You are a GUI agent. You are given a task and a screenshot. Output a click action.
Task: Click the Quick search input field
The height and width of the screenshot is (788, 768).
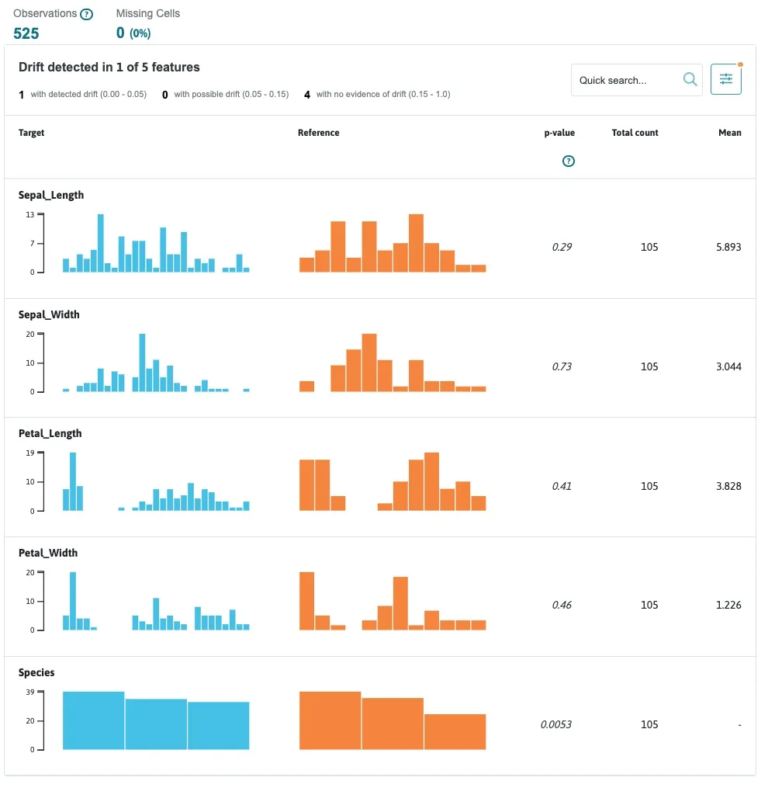click(x=627, y=80)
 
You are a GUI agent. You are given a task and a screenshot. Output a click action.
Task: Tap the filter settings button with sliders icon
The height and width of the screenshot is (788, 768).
click(x=725, y=79)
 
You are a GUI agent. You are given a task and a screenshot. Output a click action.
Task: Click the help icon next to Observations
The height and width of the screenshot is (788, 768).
click(x=87, y=15)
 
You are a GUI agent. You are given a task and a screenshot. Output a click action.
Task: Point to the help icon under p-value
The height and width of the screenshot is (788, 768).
click(x=568, y=161)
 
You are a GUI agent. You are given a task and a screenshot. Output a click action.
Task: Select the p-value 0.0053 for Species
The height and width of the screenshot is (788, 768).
click(x=556, y=724)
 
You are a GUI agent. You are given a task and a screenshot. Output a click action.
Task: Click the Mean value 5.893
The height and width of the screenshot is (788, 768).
click(x=728, y=247)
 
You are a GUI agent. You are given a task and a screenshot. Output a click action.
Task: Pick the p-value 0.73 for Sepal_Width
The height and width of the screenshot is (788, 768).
click(x=562, y=366)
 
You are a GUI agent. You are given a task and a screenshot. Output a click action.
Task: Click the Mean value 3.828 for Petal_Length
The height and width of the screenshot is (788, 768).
click(x=728, y=486)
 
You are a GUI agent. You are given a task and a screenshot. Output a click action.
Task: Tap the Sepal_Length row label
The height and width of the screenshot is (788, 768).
click(x=51, y=195)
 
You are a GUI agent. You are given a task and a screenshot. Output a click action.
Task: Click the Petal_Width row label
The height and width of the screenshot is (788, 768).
click(x=48, y=553)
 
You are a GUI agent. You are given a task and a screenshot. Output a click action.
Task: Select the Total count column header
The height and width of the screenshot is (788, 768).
click(x=635, y=133)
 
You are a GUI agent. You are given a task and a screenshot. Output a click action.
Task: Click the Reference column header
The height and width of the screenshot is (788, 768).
click(x=318, y=133)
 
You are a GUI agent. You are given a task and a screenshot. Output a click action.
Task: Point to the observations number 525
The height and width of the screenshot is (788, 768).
click(x=26, y=33)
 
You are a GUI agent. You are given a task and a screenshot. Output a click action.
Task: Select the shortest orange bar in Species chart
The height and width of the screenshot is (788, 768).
click(x=455, y=731)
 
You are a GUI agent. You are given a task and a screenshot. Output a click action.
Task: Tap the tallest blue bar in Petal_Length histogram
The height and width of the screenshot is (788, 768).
click(x=73, y=481)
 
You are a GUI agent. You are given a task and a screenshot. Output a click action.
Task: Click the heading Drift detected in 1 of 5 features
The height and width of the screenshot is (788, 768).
click(x=109, y=68)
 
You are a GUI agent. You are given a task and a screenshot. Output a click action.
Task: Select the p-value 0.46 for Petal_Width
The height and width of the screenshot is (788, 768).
click(x=562, y=605)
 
